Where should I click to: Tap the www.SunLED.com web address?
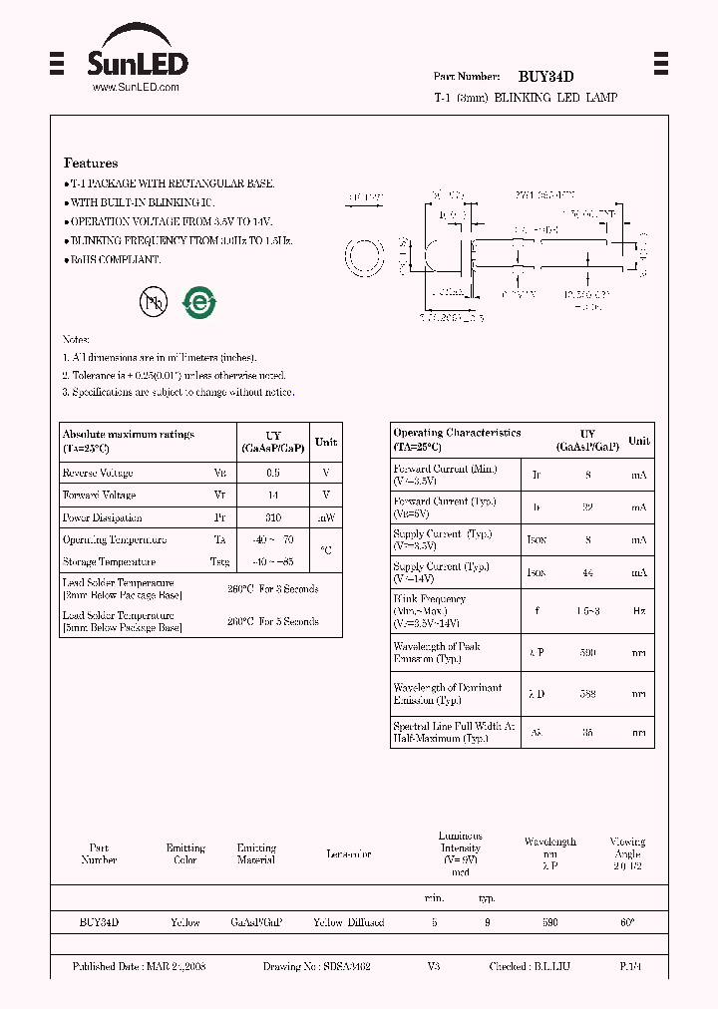[136, 88]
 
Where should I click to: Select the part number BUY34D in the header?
[545, 77]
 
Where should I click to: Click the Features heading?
[91, 163]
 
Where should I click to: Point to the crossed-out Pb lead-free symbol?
[153, 303]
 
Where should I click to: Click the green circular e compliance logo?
[199, 303]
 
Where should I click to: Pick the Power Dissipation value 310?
[273, 517]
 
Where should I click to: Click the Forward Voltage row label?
[99, 496]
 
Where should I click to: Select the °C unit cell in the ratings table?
[326, 550]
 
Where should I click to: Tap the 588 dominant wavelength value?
[588, 693]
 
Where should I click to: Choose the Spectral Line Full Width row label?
[452, 733]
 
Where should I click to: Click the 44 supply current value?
[588, 573]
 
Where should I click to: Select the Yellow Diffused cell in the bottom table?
[348, 923]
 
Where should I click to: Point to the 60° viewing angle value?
[627, 923]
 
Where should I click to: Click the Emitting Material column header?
[256, 853]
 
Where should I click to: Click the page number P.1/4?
[630, 967]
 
